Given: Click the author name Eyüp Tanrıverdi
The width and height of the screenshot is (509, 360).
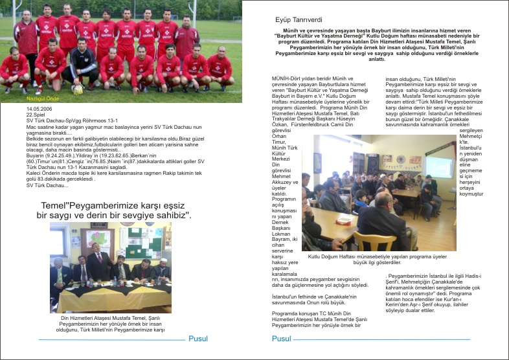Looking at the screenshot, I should click(x=280, y=20).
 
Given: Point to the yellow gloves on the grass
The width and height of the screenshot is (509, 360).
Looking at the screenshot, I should click(x=78, y=90).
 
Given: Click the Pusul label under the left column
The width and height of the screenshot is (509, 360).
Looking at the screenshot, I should click(x=198, y=339).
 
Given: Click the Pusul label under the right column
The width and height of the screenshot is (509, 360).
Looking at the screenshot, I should click(x=282, y=339).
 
